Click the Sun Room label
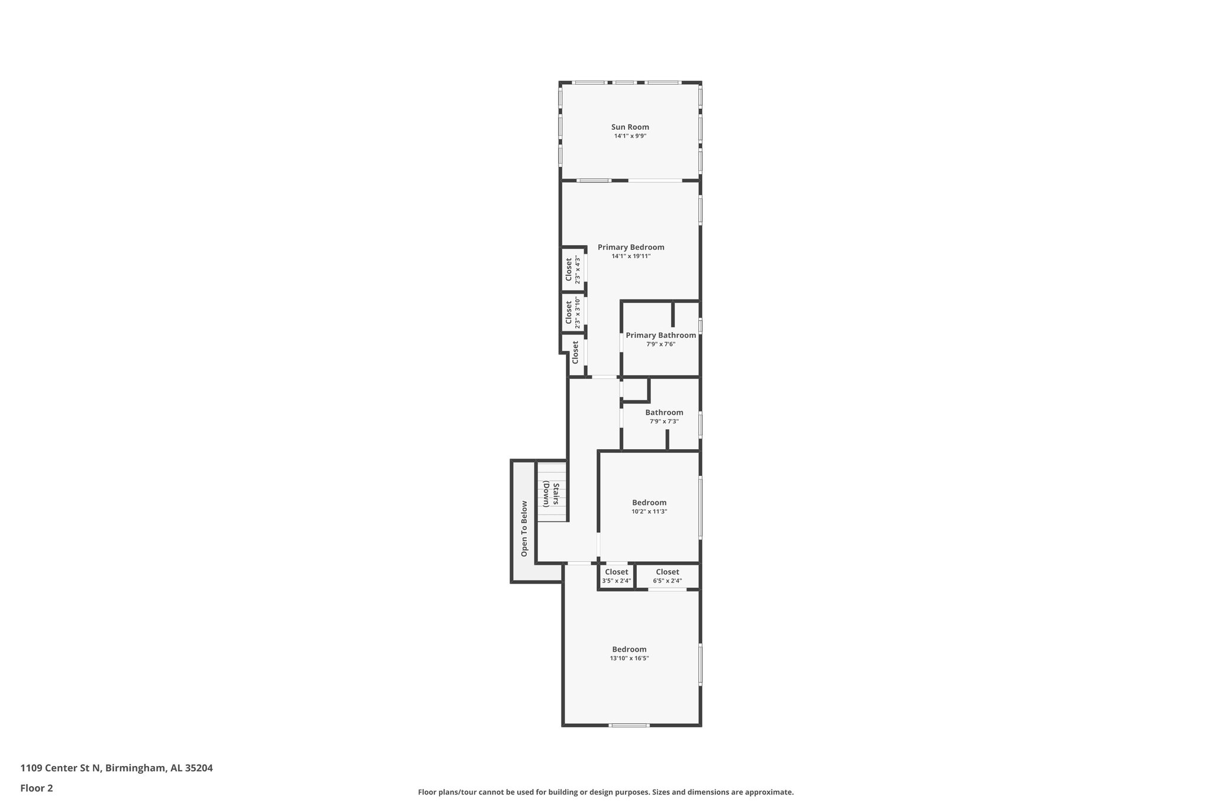coord(630,127)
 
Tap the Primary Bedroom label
coord(631,247)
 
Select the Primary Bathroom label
coord(660,335)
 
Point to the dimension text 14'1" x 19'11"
coord(631,256)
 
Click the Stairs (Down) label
coord(552,495)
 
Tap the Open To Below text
coord(524,529)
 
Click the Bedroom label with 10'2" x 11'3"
coord(649,503)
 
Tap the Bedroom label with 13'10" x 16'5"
coord(629,649)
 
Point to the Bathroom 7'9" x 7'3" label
coord(664,413)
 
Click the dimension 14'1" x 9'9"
coord(630,136)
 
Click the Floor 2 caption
coord(37,788)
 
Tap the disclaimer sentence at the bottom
coord(605,792)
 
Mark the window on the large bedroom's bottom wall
coord(629,725)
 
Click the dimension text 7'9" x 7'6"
coord(660,344)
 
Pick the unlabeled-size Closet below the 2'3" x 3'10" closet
coord(575,352)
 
